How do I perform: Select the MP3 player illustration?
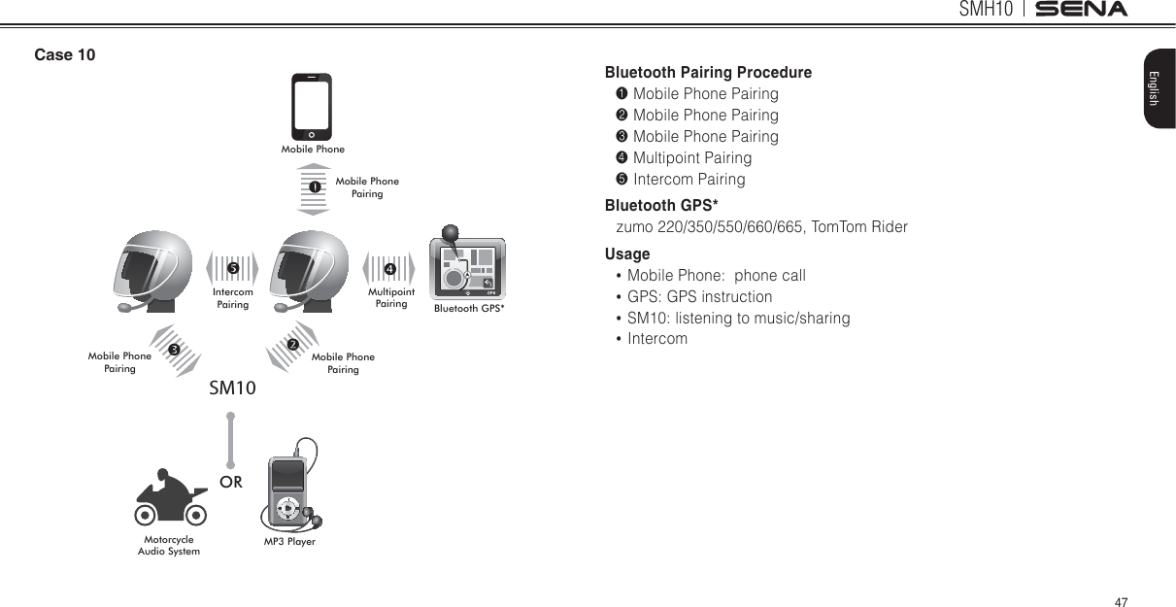tap(291, 491)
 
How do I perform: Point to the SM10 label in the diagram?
tap(233, 388)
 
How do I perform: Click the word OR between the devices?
tap(231, 482)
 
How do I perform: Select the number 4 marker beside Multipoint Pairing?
tap(389, 268)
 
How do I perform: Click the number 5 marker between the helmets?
tap(232, 267)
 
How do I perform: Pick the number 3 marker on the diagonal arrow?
tap(173, 349)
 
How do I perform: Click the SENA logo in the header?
tap(1081, 10)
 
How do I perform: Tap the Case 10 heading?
tap(65, 54)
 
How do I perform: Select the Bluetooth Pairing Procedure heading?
tap(708, 73)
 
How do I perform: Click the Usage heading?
tap(627, 254)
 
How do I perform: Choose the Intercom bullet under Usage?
tap(656, 339)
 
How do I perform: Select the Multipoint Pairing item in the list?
tap(691, 158)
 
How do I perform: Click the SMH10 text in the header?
tap(986, 10)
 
